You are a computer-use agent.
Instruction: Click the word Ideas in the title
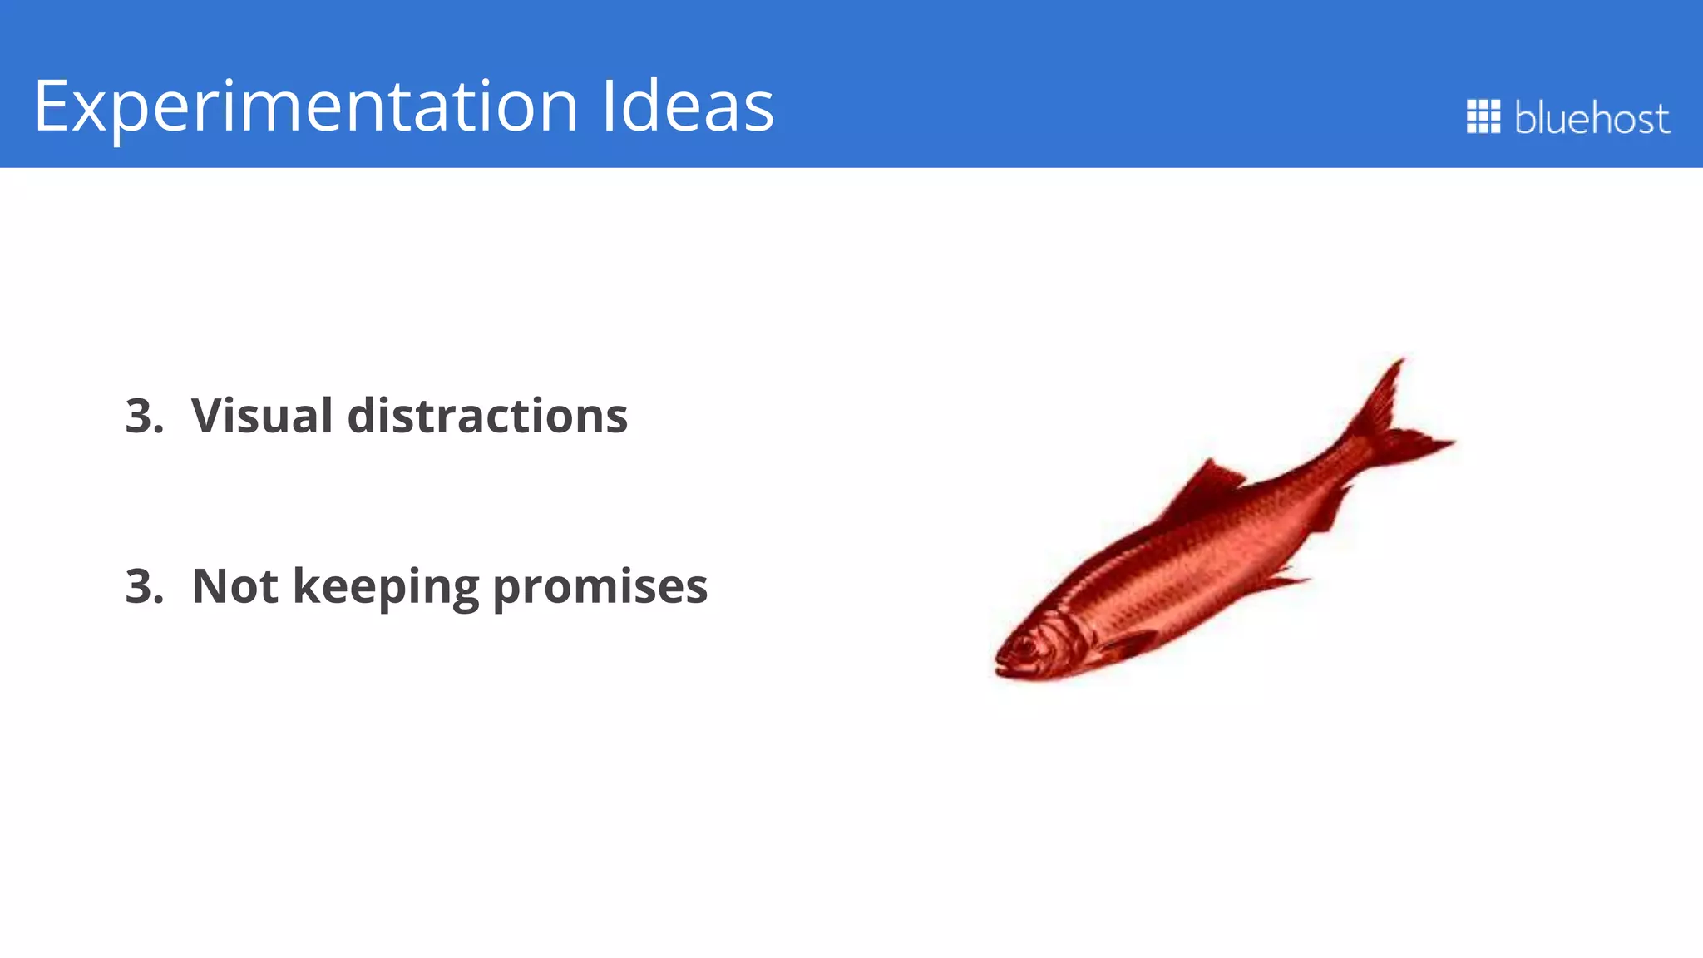(x=687, y=106)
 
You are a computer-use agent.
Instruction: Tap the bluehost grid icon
(x=1483, y=116)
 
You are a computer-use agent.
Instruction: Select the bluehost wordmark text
(x=1592, y=118)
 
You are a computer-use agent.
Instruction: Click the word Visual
(x=261, y=416)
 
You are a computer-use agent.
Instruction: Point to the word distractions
(x=487, y=416)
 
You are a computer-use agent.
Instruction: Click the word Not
(x=235, y=586)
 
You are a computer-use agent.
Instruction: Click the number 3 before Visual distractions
(x=138, y=416)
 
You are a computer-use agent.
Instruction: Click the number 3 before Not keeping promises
(x=138, y=586)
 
